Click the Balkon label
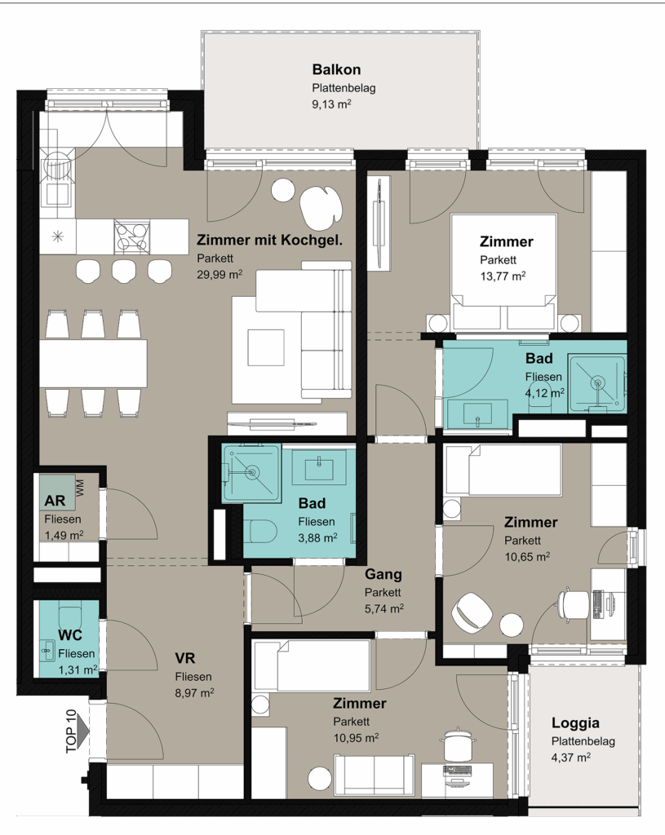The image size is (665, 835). click(336, 69)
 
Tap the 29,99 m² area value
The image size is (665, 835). click(219, 275)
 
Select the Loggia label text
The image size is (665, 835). click(575, 723)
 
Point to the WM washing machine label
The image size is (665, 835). click(80, 488)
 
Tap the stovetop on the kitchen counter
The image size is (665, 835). click(131, 237)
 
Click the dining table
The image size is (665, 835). click(93, 363)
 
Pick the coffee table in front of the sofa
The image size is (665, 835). click(266, 347)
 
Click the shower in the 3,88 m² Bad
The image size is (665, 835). click(251, 474)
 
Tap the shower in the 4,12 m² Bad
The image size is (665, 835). click(596, 383)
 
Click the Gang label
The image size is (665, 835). click(383, 574)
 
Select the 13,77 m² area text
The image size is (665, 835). click(503, 276)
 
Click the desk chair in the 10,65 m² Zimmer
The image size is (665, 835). click(574, 603)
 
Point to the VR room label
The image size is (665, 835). click(185, 658)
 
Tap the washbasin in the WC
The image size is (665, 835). click(48, 651)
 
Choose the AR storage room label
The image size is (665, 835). click(55, 501)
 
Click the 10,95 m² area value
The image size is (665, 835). click(356, 738)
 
